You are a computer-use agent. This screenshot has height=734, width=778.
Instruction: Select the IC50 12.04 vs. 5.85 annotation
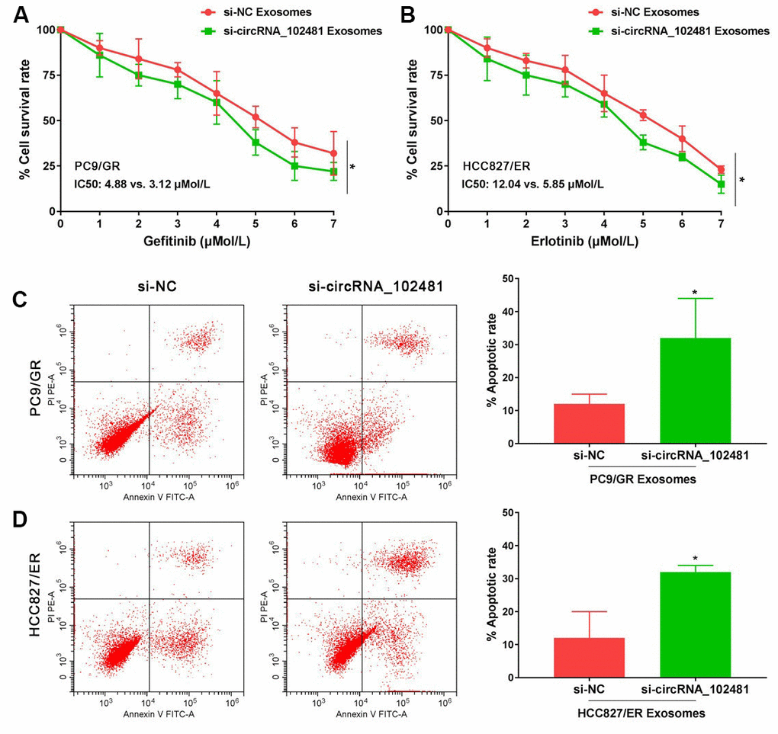(532, 184)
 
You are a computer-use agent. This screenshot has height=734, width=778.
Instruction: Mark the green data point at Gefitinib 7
(333, 171)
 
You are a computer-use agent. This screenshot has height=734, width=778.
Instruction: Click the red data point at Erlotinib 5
(643, 116)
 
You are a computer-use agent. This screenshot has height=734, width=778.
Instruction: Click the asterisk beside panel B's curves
(741, 181)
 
